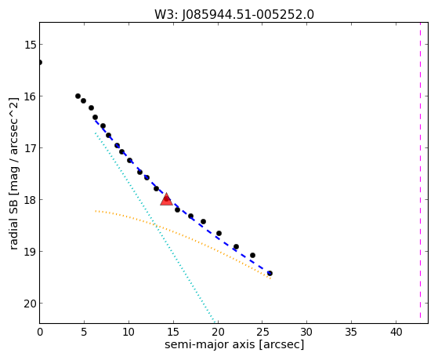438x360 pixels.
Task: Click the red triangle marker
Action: pyautogui.click(x=166, y=199)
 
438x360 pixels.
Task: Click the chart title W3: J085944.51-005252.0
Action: pyautogui.click(x=234, y=15)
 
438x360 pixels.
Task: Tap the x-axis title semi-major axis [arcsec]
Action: pyautogui.click(x=234, y=344)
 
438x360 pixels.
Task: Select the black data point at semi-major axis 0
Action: pyautogui.click(x=40, y=62)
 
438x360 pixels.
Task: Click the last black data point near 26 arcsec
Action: pyautogui.click(x=270, y=273)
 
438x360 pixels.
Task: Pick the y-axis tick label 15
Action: pyautogui.click(x=30, y=45)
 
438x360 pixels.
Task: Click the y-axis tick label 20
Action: pyautogui.click(x=30, y=304)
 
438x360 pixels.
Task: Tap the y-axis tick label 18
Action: pyautogui.click(x=30, y=200)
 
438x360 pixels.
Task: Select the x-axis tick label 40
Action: pyautogui.click(x=396, y=333)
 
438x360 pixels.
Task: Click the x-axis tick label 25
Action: pyautogui.click(x=262, y=333)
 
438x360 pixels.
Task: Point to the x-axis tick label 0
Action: pyautogui.click(x=40, y=333)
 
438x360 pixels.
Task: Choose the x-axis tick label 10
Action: pyautogui.click(x=129, y=333)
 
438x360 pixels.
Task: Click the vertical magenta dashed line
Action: pyautogui.click(x=420, y=171)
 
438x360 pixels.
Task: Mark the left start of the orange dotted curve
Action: pyautogui.click(x=96, y=211)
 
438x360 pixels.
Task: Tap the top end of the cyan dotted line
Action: pyautogui.click(x=96, y=133)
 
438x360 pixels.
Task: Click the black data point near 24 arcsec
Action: pyautogui.click(x=252, y=255)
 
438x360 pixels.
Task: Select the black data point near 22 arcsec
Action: pyautogui.click(x=236, y=246)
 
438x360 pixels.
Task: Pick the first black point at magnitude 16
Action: pyautogui.click(x=78, y=96)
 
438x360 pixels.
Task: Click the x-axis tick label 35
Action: pyautogui.click(x=351, y=333)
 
